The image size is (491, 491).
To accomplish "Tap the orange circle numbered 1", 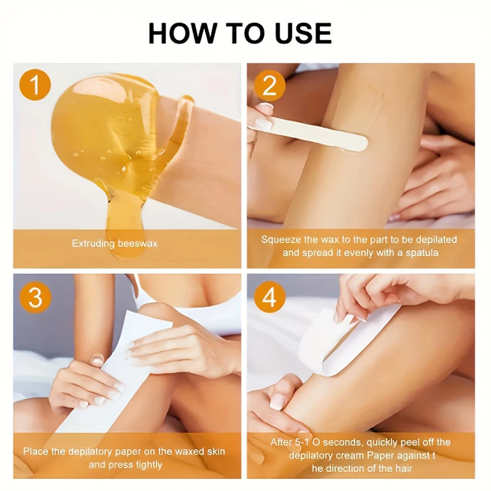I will click(35, 85).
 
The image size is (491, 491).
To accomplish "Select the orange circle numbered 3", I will click(35, 297).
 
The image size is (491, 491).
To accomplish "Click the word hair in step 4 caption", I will click(403, 468).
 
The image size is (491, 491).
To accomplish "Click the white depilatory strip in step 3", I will click(118, 373).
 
